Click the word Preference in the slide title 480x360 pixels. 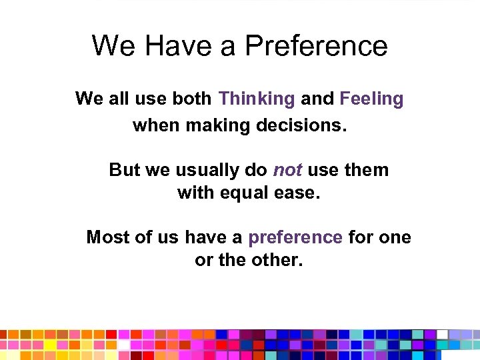[316, 46]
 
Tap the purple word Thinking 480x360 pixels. [257, 99]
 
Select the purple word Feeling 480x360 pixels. [371, 99]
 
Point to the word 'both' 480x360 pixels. [193, 99]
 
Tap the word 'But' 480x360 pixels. [125, 170]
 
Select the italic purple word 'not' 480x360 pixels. [287, 170]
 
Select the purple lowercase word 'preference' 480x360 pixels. [295, 237]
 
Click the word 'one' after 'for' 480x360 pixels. [395, 237]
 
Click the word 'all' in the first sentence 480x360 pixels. [118, 99]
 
